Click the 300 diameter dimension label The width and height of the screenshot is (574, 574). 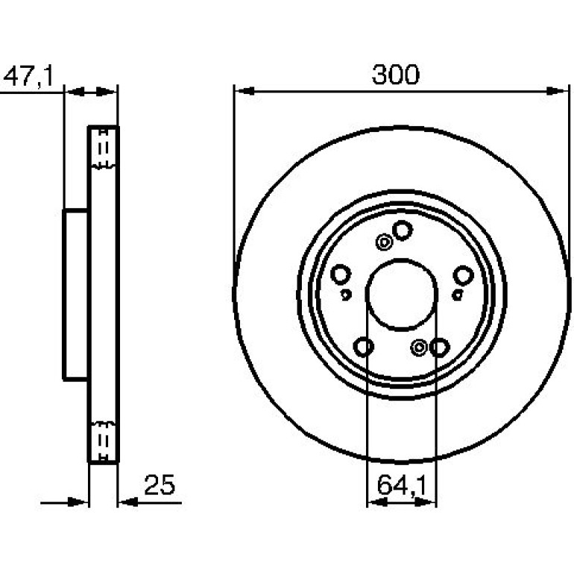pos(395,75)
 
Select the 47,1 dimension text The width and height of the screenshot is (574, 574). pos(28,76)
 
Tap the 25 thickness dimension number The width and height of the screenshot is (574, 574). pos(160,485)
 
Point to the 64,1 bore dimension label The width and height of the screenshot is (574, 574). pos(402,485)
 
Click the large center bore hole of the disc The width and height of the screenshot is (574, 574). pos(402,294)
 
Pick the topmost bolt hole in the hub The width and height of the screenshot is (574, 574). pos(403,230)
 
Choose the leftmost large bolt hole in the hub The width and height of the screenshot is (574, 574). pos(341,274)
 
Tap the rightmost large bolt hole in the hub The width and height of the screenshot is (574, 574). pos(464,275)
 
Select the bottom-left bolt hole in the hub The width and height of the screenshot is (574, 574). pos(364,347)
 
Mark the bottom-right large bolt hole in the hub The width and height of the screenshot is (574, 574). pos(439,347)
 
